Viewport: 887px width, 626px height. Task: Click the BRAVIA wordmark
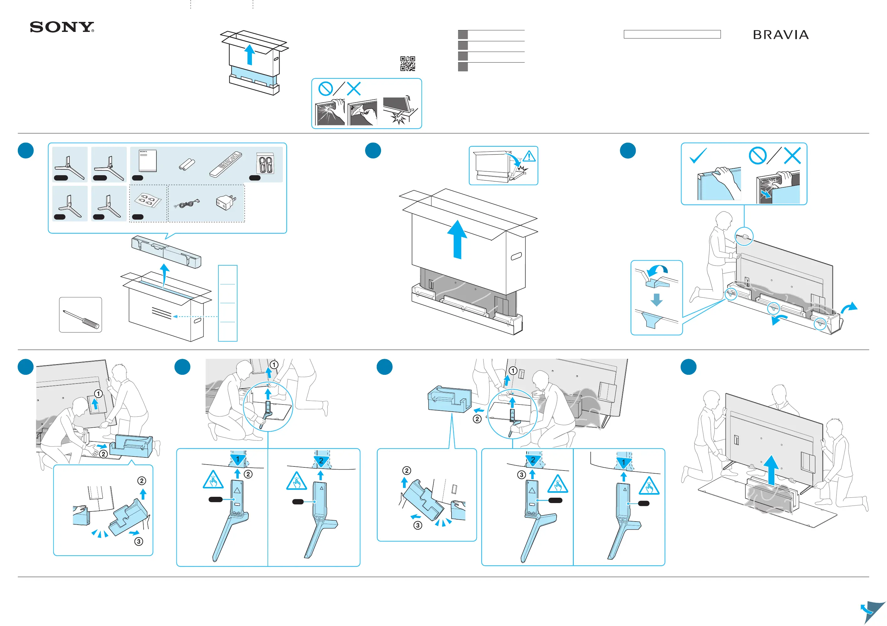(x=780, y=35)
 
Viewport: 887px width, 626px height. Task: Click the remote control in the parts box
(x=226, y=164)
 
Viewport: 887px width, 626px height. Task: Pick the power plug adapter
(x=226, y=202)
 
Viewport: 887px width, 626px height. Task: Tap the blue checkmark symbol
(x=698, y=155)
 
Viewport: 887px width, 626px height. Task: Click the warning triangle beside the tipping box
(x=529, y=156)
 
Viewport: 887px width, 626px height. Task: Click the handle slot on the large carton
(x=516, y=256)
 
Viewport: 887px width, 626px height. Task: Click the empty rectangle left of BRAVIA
(x=672, y=34)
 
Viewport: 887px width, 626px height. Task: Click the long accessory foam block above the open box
(x=166, y=252)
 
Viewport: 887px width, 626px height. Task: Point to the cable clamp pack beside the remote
(x=265, y=164)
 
